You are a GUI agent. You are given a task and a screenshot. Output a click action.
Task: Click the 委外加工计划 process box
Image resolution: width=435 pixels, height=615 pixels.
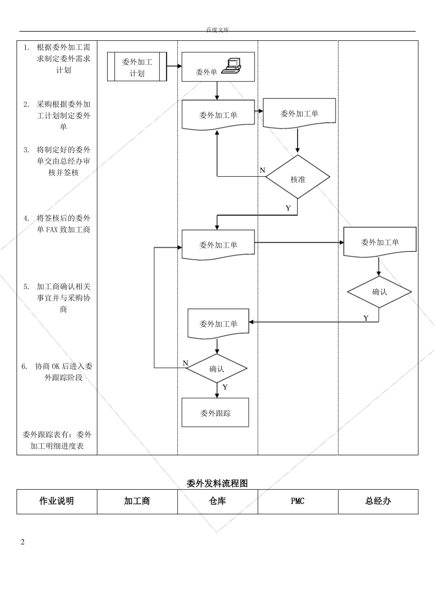pyautogui.click(x=137, y=67)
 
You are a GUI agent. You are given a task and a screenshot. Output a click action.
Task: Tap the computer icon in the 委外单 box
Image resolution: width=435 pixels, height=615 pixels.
pyautogui.click(x=232, y=66)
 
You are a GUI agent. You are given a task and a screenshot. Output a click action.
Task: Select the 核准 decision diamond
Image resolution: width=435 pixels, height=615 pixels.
pyautogui.click(x=298, y=179)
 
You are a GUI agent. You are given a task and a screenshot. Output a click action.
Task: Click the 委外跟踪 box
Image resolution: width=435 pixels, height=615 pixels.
pyautogui.click(x=215, y=413)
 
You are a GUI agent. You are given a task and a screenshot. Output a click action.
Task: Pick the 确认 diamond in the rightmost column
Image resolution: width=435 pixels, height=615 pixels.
pyautogui.click(x=379, y=292)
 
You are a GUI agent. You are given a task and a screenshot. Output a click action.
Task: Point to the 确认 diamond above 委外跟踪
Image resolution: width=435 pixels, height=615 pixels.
pyautogui.click(x=217, y=368)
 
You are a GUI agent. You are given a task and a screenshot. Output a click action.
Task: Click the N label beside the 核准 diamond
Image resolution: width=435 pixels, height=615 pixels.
pyautogui.click(x=262, y=170)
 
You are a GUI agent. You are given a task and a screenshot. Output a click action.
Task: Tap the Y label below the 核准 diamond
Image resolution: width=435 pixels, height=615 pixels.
pyautogui.click(x=288, y=208)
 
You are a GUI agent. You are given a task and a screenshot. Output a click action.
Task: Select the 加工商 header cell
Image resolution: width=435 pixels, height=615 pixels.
pyautogui.click(x=137, y=501)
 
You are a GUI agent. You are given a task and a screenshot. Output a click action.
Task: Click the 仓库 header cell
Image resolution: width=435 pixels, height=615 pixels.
pyautogui.click(x=217, y=501)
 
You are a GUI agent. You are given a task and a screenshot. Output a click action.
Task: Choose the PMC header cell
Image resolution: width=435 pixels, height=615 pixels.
pyautogui.click(x=298, y=501)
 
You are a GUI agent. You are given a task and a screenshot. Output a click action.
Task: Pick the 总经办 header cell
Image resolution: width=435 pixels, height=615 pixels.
pyautogui.click(x=378, y=501)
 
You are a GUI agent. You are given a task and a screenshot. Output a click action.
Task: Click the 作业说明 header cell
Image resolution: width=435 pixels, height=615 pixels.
pyautogui.click(x=57, y=501)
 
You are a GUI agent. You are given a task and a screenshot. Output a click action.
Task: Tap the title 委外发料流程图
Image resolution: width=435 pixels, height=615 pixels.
pyautogui.click(x=217, y=483)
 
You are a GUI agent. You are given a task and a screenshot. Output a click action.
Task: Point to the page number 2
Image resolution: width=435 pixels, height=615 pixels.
pyautogui.click(x=22, y=542)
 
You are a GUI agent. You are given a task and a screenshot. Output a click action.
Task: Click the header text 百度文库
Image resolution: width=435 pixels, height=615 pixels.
pyautogui.click(x=217, y=30)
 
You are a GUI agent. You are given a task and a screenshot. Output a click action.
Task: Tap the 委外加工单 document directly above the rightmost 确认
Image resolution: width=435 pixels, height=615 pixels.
pyautogui.click(x=380, y=242)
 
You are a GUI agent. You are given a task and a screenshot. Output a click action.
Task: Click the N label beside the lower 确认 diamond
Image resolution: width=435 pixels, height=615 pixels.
pyautogui.click(x=185, y=363)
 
